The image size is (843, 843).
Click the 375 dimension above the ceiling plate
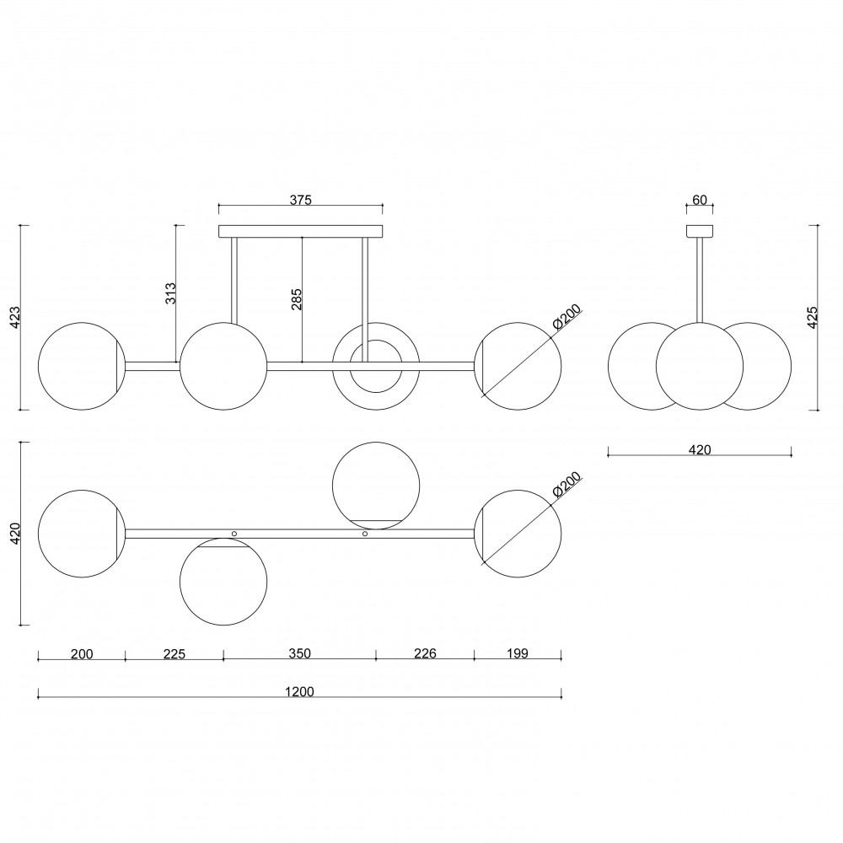tap(301, 200)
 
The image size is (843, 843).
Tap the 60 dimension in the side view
tap(700, 200)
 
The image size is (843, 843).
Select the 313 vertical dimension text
tap(170, 293)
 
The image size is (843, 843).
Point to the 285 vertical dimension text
tap(296, 299)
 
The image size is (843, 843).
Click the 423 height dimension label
tap(15, 317)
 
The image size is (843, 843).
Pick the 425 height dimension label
tap(813, 317)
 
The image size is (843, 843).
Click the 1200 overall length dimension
tap(299, 691)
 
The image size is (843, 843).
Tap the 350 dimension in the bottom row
tap(299, 654)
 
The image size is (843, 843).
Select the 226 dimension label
tap(425, 654)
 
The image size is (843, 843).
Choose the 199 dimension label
tap(518, 654)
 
